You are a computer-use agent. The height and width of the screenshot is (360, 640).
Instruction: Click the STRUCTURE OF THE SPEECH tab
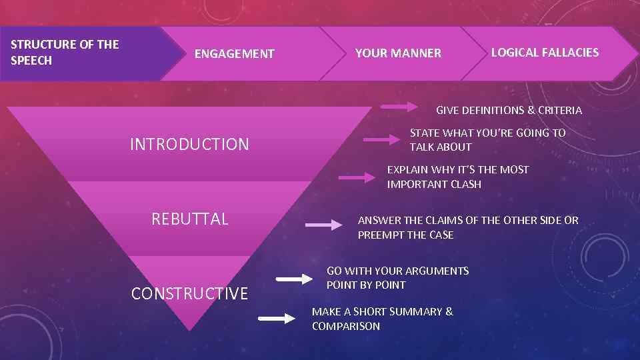pos(65,53)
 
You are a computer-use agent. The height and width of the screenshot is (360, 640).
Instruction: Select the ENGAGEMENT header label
pos(234,54)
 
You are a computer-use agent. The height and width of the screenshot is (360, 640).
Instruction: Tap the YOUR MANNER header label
pos(398,53)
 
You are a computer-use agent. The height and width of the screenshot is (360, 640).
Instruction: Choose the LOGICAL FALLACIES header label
pos(545,53)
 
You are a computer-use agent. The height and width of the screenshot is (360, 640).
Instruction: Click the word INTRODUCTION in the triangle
pos(189,144)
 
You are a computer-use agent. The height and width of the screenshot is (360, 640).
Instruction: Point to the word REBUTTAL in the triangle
pos(190,219)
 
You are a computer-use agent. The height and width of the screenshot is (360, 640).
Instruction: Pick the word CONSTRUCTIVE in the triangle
pos(189,293)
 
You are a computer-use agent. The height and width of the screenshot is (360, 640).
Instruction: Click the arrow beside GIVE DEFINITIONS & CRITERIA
pos(399,107)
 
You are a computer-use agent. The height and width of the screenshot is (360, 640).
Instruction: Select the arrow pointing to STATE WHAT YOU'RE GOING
pos(381,140)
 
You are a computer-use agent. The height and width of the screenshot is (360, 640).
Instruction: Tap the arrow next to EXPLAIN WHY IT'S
pos(357,177)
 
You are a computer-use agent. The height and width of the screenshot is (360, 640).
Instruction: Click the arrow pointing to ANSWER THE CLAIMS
pos(324,226)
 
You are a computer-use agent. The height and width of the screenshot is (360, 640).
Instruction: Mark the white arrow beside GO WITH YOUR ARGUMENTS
pos(294,279)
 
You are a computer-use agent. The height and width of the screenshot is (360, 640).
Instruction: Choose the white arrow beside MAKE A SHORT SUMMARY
pos(277,319)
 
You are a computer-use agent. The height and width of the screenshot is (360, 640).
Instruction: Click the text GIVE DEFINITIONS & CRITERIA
pos(509,110)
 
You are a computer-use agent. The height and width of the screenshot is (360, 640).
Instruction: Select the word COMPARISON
pos(346,326)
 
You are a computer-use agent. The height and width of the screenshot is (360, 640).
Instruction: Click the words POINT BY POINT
pos(366,285)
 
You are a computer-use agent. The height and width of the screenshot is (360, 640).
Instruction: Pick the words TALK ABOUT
pos(441,147)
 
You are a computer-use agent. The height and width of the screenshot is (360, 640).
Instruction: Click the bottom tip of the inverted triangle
pos(191,329)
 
